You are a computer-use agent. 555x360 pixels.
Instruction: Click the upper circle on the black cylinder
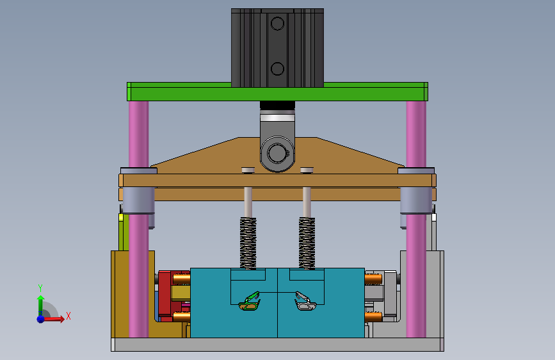[277, 24]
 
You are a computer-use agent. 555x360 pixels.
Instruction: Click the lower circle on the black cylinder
[277, 69]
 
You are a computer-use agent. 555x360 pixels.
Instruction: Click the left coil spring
[248, 243]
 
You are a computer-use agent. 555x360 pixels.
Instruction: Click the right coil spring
[307, 243]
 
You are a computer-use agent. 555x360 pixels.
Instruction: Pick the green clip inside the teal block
[250, 302]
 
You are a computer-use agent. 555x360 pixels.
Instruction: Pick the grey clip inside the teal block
[305, 302]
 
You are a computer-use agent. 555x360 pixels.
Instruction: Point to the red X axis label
[68, 316]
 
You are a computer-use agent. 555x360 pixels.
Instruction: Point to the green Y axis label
[40, 288]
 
